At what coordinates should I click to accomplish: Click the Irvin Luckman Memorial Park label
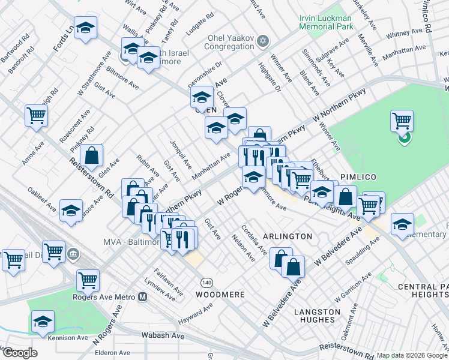pyautogui.click(x=325, y=22)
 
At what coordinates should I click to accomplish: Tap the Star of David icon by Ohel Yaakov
pyautogui.click(x=262, y=41)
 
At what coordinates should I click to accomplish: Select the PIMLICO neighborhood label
pyautogui.click(x=358, y=177)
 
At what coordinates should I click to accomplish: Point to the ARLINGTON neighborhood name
pyautogui.click(x=287, y=236)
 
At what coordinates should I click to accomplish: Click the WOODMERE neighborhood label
pyautogui.click(x=220, y=295)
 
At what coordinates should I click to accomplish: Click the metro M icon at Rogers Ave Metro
pyautogui.click(x=143, y=296)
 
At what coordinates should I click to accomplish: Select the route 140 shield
pyautogui.click(x=206, y=282)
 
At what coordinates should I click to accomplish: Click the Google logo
pyautogui.click(x=19, y=353)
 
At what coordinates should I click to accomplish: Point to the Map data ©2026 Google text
pyautogui.click(x=411, y=355)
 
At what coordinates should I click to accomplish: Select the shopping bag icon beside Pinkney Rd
pyautogui.click(x=91, y=155)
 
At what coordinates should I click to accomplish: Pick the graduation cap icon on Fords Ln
pyautogui.click(x=86, y=28)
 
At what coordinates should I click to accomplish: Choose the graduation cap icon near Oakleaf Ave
pyautogui.click(x=71, y=210)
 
